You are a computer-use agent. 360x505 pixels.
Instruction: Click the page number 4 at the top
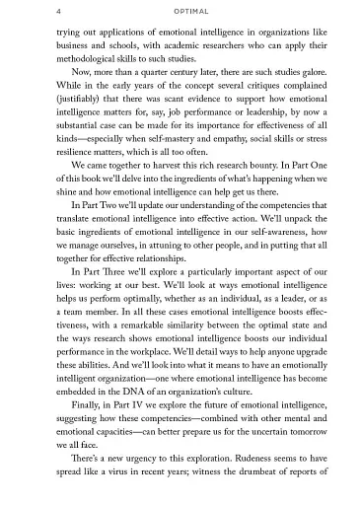pos(34,12)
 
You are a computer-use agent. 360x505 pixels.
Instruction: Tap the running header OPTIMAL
pos(180,12)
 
